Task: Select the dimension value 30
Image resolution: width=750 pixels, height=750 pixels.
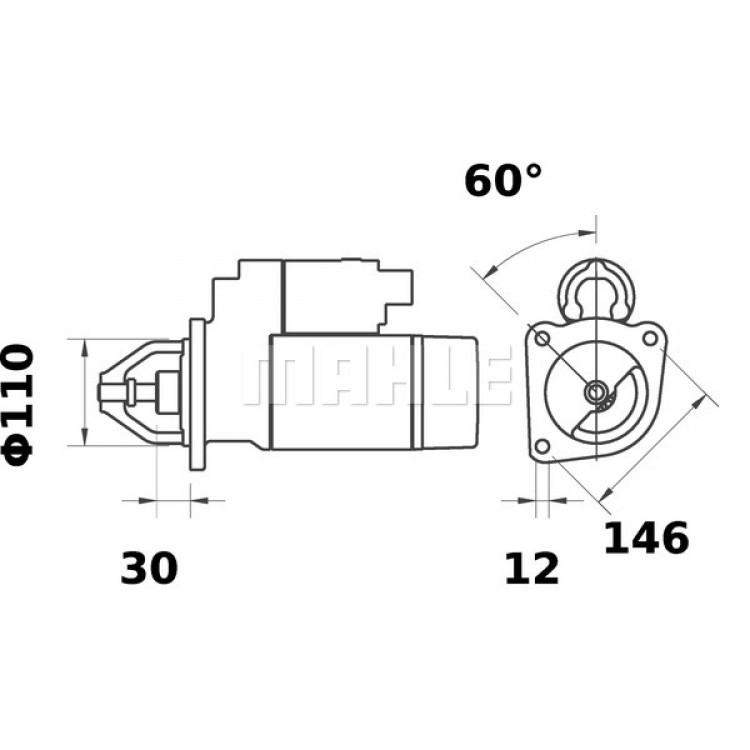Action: pos(149,568)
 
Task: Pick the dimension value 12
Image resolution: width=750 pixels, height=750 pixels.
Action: pos(532,568)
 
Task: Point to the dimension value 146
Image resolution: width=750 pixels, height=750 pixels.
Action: pos(647,538)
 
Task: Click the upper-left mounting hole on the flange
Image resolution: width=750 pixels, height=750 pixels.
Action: pos(542,339)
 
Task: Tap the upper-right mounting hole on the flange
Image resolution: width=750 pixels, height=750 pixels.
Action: pos(650,338)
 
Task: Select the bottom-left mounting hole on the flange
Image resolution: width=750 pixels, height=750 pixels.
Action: pos(542,446)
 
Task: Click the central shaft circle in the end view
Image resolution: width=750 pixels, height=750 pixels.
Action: pos(596,392)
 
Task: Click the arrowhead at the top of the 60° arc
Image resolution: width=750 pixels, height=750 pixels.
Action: pos(587,233)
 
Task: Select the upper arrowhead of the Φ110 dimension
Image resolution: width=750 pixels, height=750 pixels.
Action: pos(85,348)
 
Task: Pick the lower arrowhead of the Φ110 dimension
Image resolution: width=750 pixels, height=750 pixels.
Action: pos(85,437)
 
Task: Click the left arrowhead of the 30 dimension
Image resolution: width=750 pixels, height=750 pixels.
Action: pos(148,500)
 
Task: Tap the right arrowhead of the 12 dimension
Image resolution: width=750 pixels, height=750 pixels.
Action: pos(557,500)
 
